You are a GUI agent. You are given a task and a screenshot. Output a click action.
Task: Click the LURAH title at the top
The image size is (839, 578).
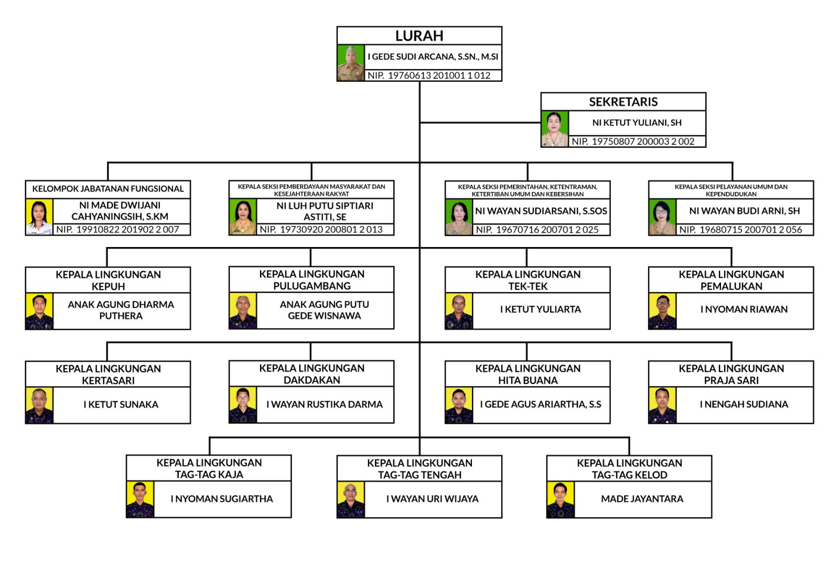pos(419,36)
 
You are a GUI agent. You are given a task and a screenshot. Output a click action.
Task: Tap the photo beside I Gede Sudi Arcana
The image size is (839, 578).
pos(351,63)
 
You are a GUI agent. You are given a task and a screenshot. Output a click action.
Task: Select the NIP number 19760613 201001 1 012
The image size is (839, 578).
pos(429,76)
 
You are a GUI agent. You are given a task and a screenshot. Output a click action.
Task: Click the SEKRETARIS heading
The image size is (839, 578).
pos(623,102)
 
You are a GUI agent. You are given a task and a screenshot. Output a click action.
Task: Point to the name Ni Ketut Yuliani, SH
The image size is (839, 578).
pos(637,123)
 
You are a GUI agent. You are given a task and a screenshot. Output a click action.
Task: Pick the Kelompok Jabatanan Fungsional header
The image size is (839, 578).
pos(108,189)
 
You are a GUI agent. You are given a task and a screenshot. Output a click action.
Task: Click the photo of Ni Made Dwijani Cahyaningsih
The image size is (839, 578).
pos(39,217)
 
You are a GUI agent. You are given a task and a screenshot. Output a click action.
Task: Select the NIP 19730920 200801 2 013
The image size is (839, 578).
pos(321,230)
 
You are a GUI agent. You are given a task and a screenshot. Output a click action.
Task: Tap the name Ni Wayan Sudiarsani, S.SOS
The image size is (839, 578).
pos(541,211)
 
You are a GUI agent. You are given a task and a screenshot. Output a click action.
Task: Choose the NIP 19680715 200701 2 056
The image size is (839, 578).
pos(740,230)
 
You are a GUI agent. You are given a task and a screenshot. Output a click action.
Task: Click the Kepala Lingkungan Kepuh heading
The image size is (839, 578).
pos(108,280)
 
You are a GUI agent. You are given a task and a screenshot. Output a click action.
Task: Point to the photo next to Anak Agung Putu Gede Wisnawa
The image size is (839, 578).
pos(243,311)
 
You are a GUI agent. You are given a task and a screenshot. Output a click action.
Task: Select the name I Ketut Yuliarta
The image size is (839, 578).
pos(540,309)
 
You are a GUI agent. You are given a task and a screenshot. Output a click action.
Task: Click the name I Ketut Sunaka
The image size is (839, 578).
pos(121,404)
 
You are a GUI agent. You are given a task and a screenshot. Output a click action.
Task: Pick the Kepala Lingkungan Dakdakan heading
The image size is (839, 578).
pos(311,374)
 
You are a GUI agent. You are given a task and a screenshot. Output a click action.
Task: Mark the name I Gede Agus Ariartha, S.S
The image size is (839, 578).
pos(540,404)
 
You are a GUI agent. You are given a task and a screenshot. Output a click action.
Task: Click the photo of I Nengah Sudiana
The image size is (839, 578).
pos(662,405)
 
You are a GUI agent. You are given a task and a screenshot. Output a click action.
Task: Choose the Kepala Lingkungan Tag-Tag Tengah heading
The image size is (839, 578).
pos(419,469)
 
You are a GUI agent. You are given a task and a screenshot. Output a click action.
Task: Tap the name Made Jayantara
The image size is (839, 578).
pos(642,499)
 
